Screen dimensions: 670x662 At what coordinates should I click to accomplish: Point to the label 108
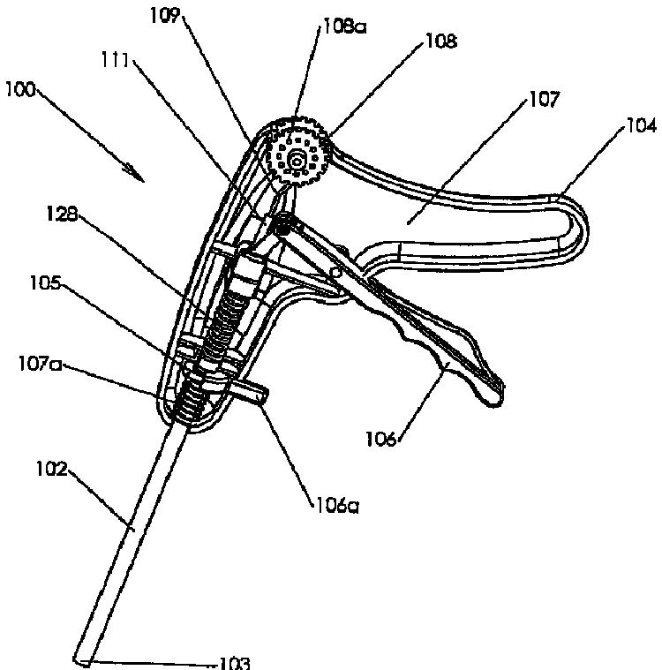click(x=441, y=41)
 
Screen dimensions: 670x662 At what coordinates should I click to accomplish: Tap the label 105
click(x=46, y=283)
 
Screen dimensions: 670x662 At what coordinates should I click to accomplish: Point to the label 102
click(x=52, y=469)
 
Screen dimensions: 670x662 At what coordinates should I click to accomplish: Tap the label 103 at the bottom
click(x=234, y=662)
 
